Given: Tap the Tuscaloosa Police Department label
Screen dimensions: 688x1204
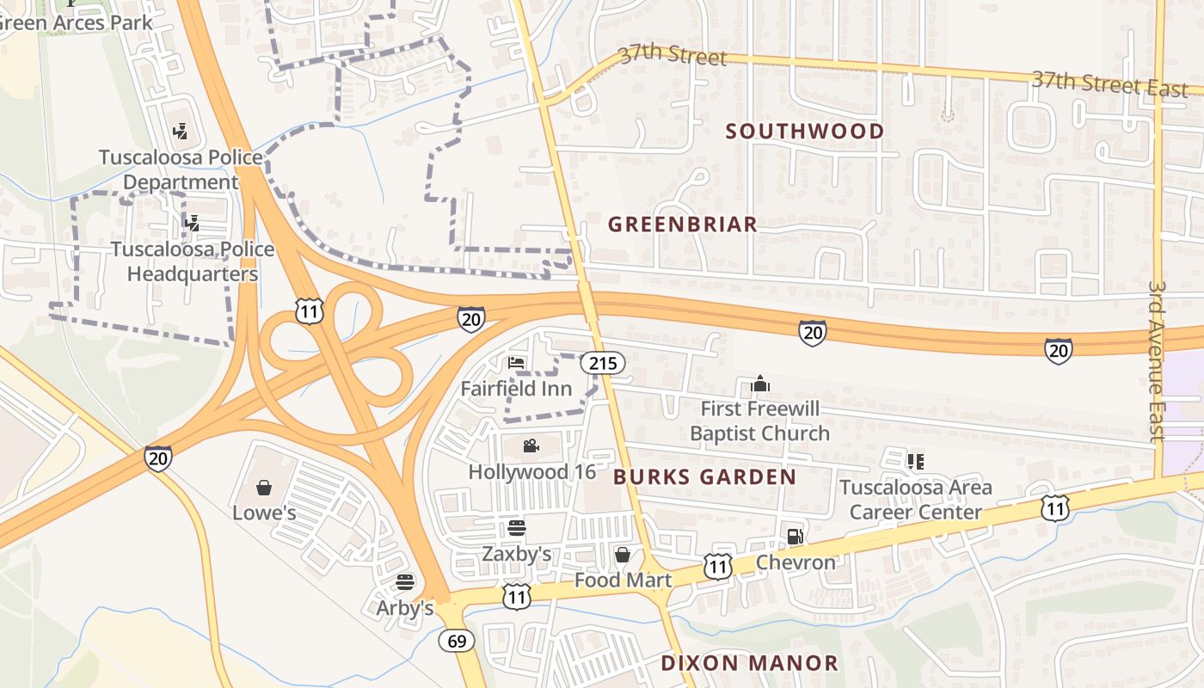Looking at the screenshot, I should click(x=181, y=169).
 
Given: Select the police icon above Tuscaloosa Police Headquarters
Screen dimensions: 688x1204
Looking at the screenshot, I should click(x=192, y=224).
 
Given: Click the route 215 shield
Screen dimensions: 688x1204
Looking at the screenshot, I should click(x=602, y=363).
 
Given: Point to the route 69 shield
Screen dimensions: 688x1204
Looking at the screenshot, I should click(x=456, y=641).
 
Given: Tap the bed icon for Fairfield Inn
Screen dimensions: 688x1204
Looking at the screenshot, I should click(x=516, y=363).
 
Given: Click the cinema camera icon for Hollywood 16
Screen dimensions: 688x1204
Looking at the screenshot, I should click(x=531, y=445).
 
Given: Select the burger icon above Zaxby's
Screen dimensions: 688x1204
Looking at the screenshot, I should click(x=516, y=527).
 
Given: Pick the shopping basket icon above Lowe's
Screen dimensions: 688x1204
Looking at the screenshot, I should click(x=264, y=488).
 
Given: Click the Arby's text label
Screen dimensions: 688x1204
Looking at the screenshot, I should click(x=405, y=608).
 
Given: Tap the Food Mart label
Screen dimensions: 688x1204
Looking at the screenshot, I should click(x=623, y=580).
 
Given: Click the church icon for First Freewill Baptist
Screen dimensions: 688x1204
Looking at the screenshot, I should click(x=759, y=383).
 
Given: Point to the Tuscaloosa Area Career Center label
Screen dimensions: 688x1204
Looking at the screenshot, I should click(x=915, y=500).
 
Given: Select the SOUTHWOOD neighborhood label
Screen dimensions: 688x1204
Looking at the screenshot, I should click(x=805, y=132).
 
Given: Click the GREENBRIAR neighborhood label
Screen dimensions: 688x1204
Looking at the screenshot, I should click(x=683, y=224).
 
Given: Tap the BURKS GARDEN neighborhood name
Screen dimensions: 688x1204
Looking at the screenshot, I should click(x=704, y=476).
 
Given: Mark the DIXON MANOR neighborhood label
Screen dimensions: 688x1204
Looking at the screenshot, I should click(x=749, y=663).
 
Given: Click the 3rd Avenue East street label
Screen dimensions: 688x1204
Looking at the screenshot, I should click(x=1158, y=361).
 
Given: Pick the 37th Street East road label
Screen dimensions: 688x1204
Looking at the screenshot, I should click(x=1109, y=83).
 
